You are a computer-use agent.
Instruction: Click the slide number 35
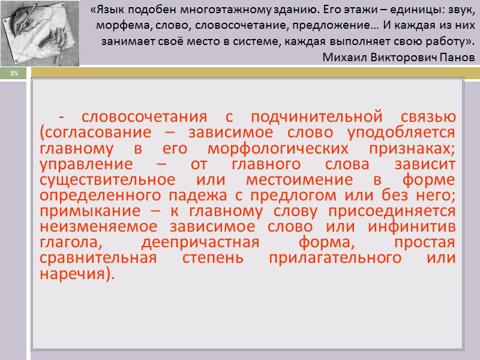[13, 73]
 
